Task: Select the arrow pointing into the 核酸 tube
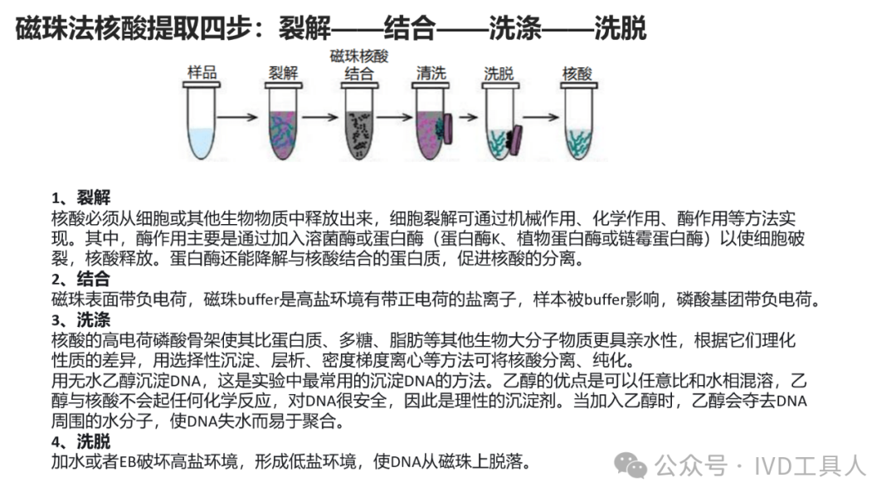pyautogui.click(x=540, y=118)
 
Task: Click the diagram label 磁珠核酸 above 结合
pyautogui.click(x=358, y=56)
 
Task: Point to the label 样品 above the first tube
pyautogui.click(x=202, y=73)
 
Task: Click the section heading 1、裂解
pyautogui.click(x=80, y=197)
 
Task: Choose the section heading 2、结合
pyautogui.click(x=80, y=279)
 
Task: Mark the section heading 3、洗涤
pyautogui.click(x=80, y=319)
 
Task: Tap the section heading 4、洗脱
pyautogui.click(x=80, y=441)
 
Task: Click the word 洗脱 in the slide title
pyautogui.click(x=620, y=30)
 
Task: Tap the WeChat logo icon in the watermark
pyautogui.click(x=635, y=466)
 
